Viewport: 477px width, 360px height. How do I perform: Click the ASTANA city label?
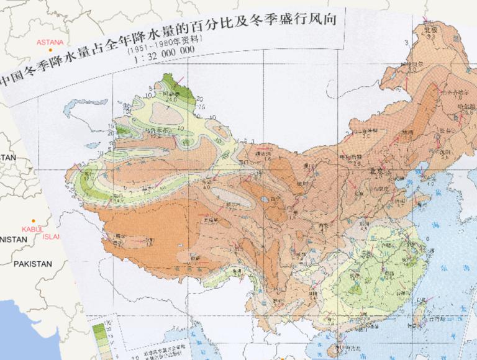click(51, 42)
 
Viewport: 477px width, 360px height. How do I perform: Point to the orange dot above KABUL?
click(33, 221)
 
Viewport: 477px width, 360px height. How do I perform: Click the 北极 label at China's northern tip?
click(430, 29)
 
